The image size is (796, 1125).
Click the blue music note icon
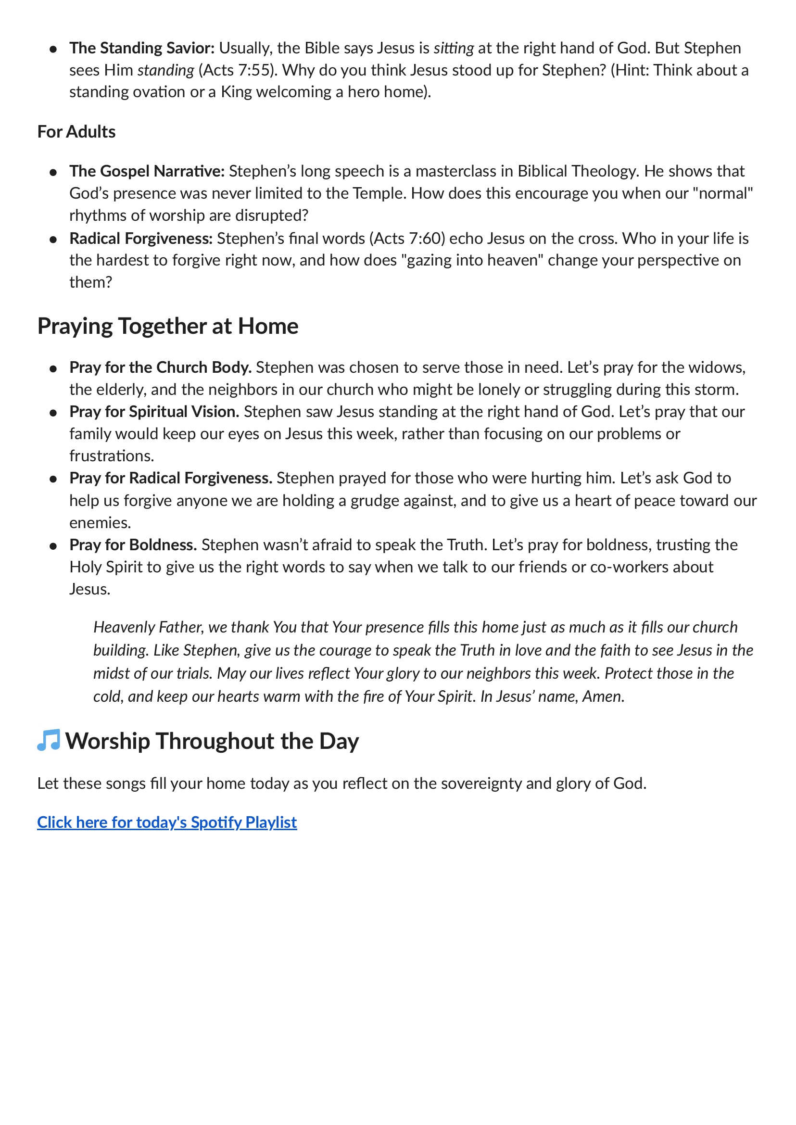click(x=49, y=740)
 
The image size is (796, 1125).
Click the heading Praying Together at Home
click(x=168, y=326)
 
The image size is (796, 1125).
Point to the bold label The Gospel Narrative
click(x=147, y=171)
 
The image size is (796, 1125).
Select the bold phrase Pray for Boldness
click(x=133, y=544)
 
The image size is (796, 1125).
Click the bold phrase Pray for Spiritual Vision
click(x=154, y=411)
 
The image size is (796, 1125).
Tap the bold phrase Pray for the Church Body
click(x=160, y=367)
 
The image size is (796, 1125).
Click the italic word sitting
click(x=454, y=48)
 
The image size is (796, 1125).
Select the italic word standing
click(x=165, y=70)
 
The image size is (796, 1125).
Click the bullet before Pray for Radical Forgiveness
click(x=53, y=479)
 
